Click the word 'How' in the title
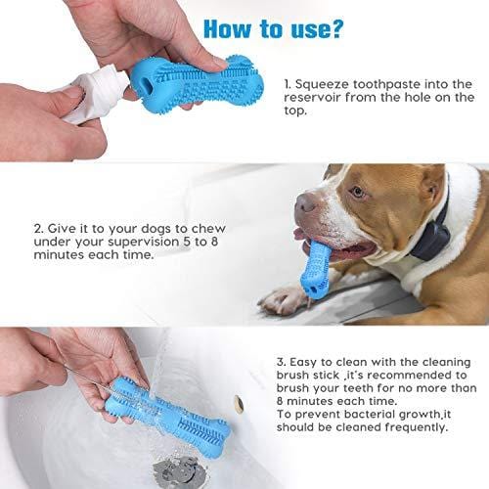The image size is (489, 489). (x=227, y=28)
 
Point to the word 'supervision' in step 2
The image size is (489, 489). (x=144, y=243)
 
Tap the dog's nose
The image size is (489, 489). (x=305, y=202)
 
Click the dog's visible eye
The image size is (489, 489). (x=358, y=192)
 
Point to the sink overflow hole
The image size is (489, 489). (x=240, y=404)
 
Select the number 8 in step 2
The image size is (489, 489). (x=214, y=242)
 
